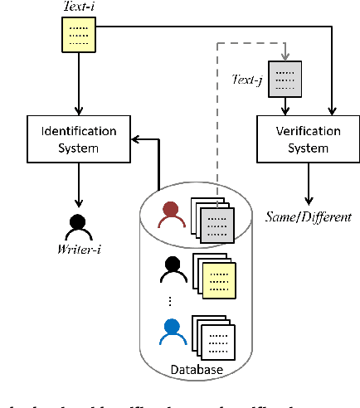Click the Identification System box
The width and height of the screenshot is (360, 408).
coord(79,138)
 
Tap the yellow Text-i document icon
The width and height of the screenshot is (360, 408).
coord(78,34)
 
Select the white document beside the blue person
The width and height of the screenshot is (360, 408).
coord(221,338)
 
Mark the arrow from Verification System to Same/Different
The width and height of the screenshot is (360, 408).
coord(308,183)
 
